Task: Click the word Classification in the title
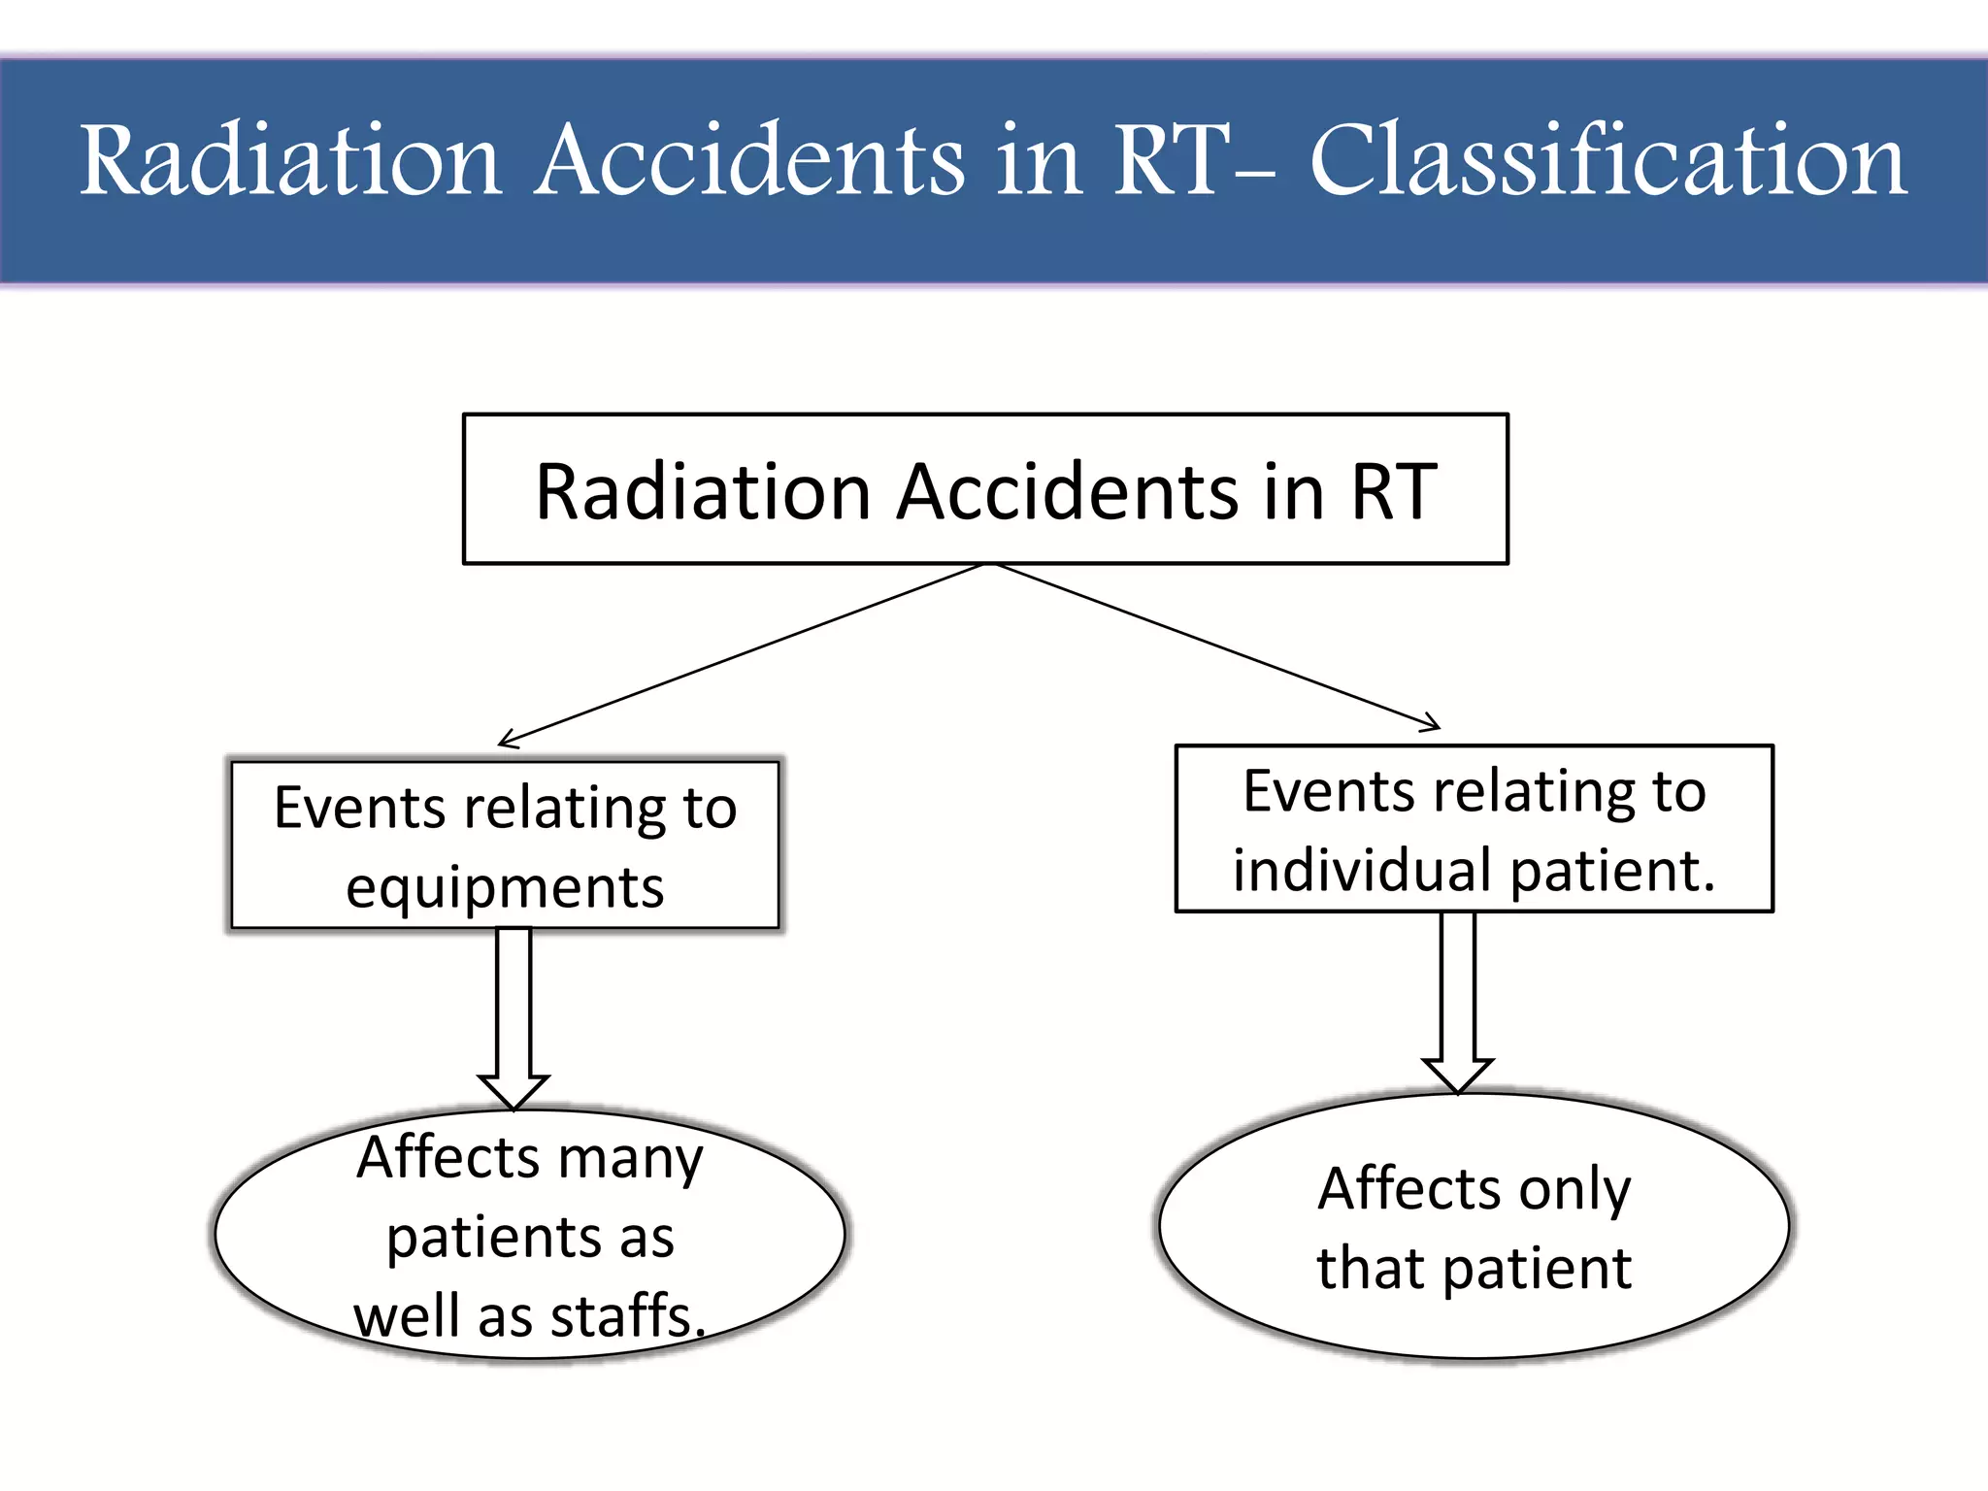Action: (1608, 161)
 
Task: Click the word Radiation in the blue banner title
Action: (289, 161)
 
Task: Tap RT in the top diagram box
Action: (1393, 492)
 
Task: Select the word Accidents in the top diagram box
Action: (1068, 492)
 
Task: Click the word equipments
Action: (505, 888)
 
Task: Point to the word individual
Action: (1364, 870)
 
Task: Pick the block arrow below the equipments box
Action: (514, 1019)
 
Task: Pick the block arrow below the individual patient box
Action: (1458, 1005)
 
